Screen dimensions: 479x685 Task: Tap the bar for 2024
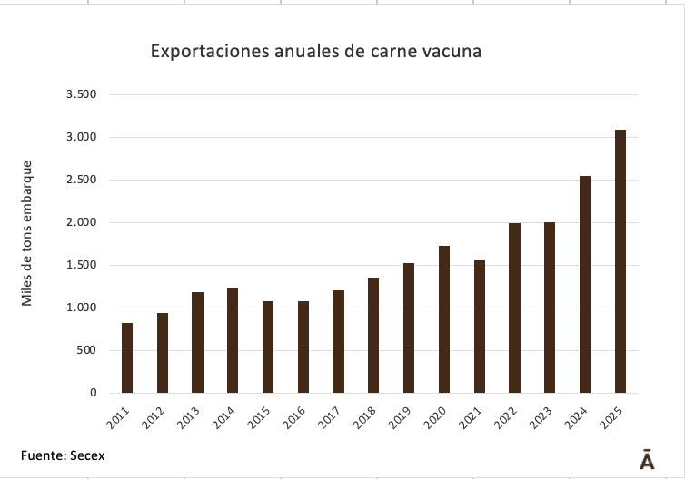(585, 285)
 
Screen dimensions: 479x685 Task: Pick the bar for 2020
(444, 319)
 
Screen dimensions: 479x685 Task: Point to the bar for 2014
(233, 341)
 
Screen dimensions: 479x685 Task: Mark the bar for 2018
(373, 336)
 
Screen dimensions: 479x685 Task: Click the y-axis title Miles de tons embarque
(28, 233)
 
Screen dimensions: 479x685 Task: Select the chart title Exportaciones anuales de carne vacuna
(315, 52)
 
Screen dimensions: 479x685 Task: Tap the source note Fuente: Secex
(63, 455)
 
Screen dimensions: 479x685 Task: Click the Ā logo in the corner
(647, 459)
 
